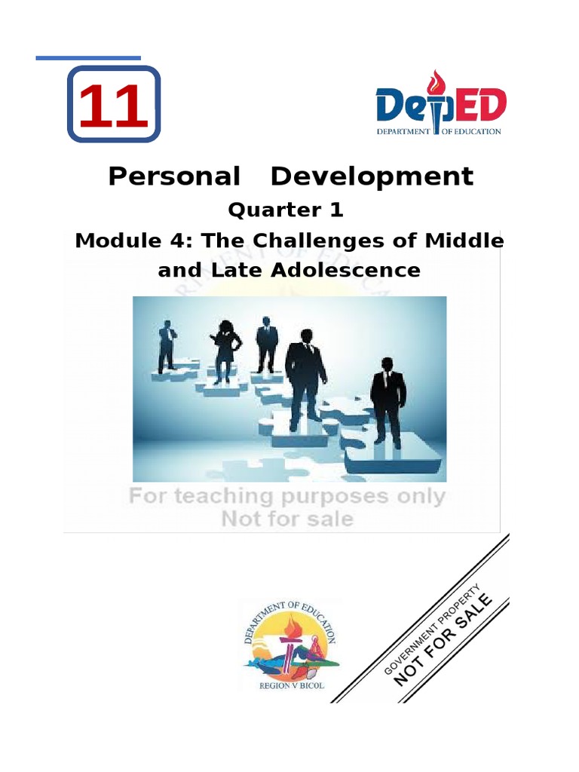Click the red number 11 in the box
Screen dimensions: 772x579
113,106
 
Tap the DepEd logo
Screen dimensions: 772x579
441,105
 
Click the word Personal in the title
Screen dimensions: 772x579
173,176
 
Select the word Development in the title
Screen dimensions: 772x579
372,176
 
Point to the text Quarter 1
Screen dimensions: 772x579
286,210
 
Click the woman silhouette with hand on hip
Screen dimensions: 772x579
225,351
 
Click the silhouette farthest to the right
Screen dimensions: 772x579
388,400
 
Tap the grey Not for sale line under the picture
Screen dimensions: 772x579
286,519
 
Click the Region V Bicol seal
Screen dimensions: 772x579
290,645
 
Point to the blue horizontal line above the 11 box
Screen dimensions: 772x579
88,58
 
